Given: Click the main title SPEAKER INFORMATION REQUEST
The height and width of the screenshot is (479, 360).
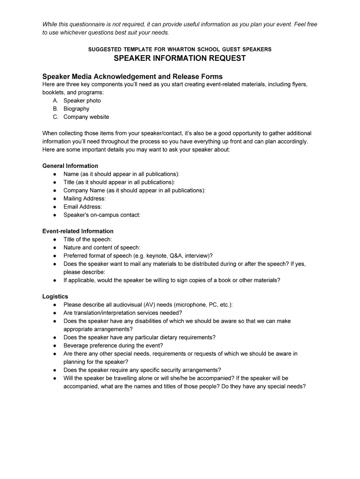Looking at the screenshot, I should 180,58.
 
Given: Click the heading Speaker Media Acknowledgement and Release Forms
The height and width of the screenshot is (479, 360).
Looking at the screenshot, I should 132,76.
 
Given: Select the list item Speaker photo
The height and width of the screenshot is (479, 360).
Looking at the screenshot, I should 82,101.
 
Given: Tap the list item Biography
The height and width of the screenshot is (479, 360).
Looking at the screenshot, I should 76,109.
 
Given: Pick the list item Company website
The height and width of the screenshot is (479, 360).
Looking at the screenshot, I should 86,117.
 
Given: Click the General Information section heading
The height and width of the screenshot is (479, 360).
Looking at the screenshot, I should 70,166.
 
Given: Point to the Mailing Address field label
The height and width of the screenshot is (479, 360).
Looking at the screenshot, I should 85,198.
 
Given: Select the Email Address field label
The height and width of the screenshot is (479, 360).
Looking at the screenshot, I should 83,207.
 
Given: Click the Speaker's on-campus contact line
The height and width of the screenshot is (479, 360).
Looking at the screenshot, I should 102,215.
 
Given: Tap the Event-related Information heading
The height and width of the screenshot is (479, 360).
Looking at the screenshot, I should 78,231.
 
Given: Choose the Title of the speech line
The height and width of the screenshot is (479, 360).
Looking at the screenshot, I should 88,239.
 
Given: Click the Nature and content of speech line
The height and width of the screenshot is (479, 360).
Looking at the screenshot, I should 102,247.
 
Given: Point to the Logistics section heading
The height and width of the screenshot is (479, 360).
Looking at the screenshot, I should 55,297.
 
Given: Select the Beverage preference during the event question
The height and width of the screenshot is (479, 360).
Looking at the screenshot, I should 113,346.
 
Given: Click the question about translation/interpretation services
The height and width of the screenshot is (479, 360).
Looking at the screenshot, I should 122,313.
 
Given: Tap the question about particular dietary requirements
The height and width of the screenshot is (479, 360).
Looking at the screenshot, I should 139,337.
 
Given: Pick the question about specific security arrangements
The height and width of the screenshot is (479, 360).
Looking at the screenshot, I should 142,370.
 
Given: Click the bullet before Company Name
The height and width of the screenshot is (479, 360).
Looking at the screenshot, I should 55,190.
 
